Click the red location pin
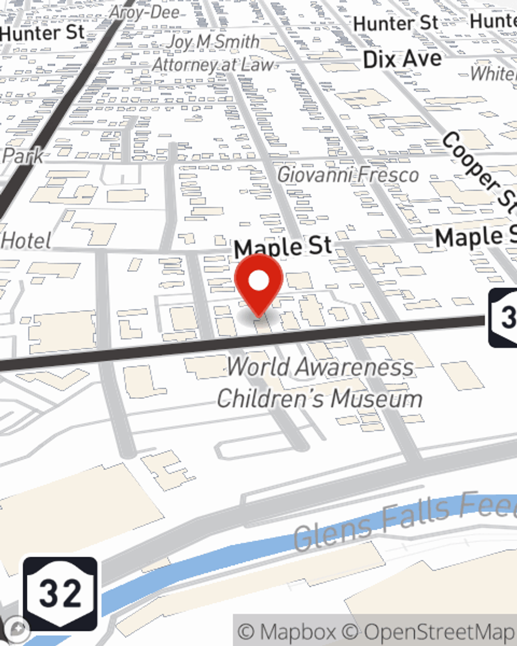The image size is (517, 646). pyautogui.click(x=258, y=283)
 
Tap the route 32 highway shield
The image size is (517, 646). pyautogui.click(x=60, y=593)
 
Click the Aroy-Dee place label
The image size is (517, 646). pyautogui.click(x=145, y=13)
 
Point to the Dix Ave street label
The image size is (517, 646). pyautogui.click(x=402, y=59)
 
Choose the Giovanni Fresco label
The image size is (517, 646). pyautogui.click(x=348, y=175)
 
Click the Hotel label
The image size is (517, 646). pyautogui.click(x=26, y=241)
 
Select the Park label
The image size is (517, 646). pyautogui.click(x=23, y=156)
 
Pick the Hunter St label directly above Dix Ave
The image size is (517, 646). pyautogui.click(x=396, y=23)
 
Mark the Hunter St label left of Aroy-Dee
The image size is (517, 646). pyautogui.click(x=42, y=34)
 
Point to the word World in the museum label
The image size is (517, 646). pyautogui.click(x=258, y=367)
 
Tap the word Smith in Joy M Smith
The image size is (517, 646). pyautogui.click(x=237, y=41)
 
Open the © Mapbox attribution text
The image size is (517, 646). pyautogui.click(x=287, y=632)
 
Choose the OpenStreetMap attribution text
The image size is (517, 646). pyautogui.click(x=439, y=632)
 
